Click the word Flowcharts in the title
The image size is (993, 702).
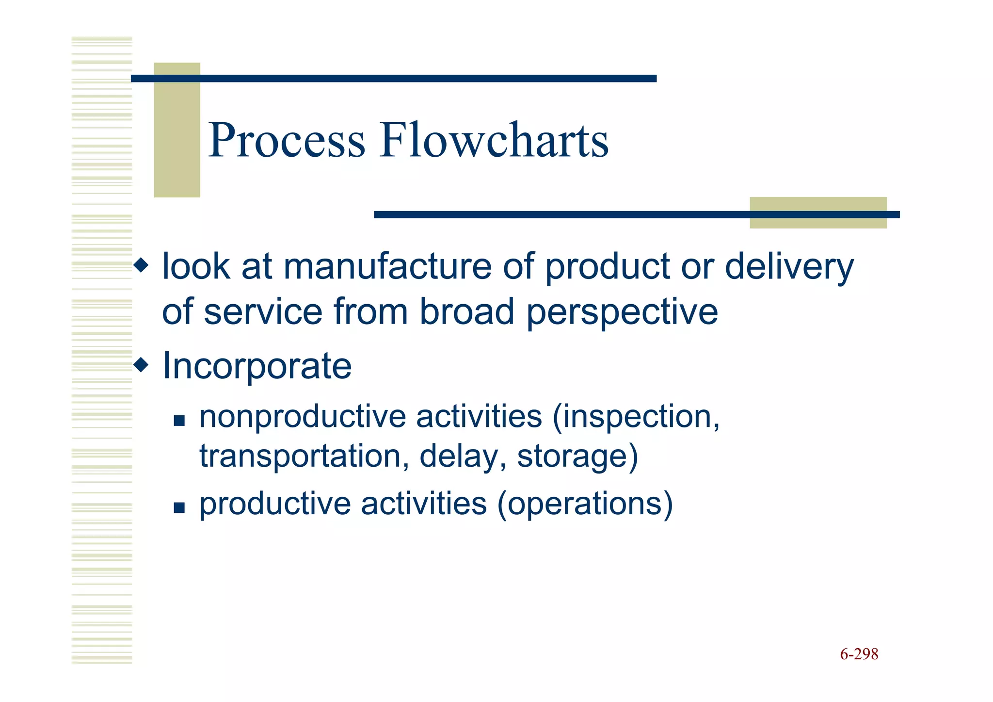[x=494, y=141]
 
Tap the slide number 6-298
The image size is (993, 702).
[x=859, y=654]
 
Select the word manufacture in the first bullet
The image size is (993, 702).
[x=387, y=267]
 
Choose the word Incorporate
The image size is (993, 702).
[x=257, y=366]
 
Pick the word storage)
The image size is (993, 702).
[x=577, y=457]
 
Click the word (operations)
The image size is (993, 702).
[x=585, y=504]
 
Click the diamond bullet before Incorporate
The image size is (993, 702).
[x=141, y=364]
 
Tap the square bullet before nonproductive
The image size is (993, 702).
[x=179, y=420]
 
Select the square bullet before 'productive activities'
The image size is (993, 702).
[x=179, y=507]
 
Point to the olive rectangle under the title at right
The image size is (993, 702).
[x=818, y=221]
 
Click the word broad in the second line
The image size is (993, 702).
[x=466, y=312]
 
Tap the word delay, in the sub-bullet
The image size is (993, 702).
[x=463, y=457]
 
